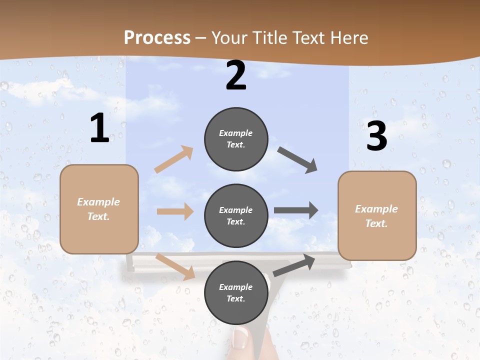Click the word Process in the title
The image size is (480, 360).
point(157,37)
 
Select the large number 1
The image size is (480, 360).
point(99,128)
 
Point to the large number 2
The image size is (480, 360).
point(236,75)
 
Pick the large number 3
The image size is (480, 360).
point(376,136)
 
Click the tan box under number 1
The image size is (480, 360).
point(99,209)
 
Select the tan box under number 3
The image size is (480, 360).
point(377,215)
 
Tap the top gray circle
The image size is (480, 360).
point(236,139)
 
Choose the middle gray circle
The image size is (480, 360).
point(236,215)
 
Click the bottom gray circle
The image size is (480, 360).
point(236,292)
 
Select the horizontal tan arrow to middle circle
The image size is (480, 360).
point(175,211)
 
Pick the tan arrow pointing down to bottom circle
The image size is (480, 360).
point(175,266)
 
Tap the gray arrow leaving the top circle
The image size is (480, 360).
point(297,159)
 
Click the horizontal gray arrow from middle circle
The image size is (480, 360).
point(296,210)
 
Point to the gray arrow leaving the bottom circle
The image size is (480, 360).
point(294,265)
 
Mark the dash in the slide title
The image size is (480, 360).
point(201,38)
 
